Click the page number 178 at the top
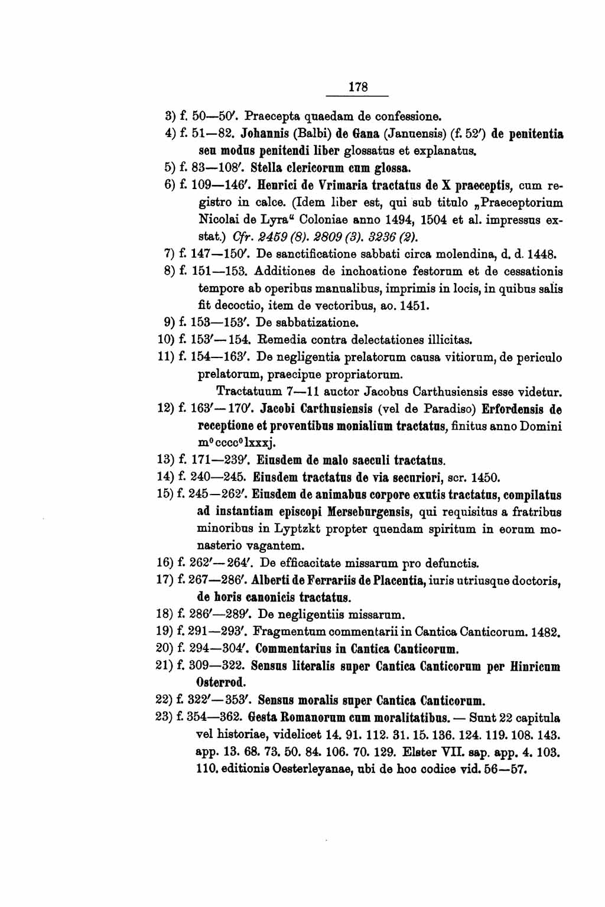(x=359, y=87)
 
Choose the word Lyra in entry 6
(x=278, y=220)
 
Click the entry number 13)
(x=165, y=460)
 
